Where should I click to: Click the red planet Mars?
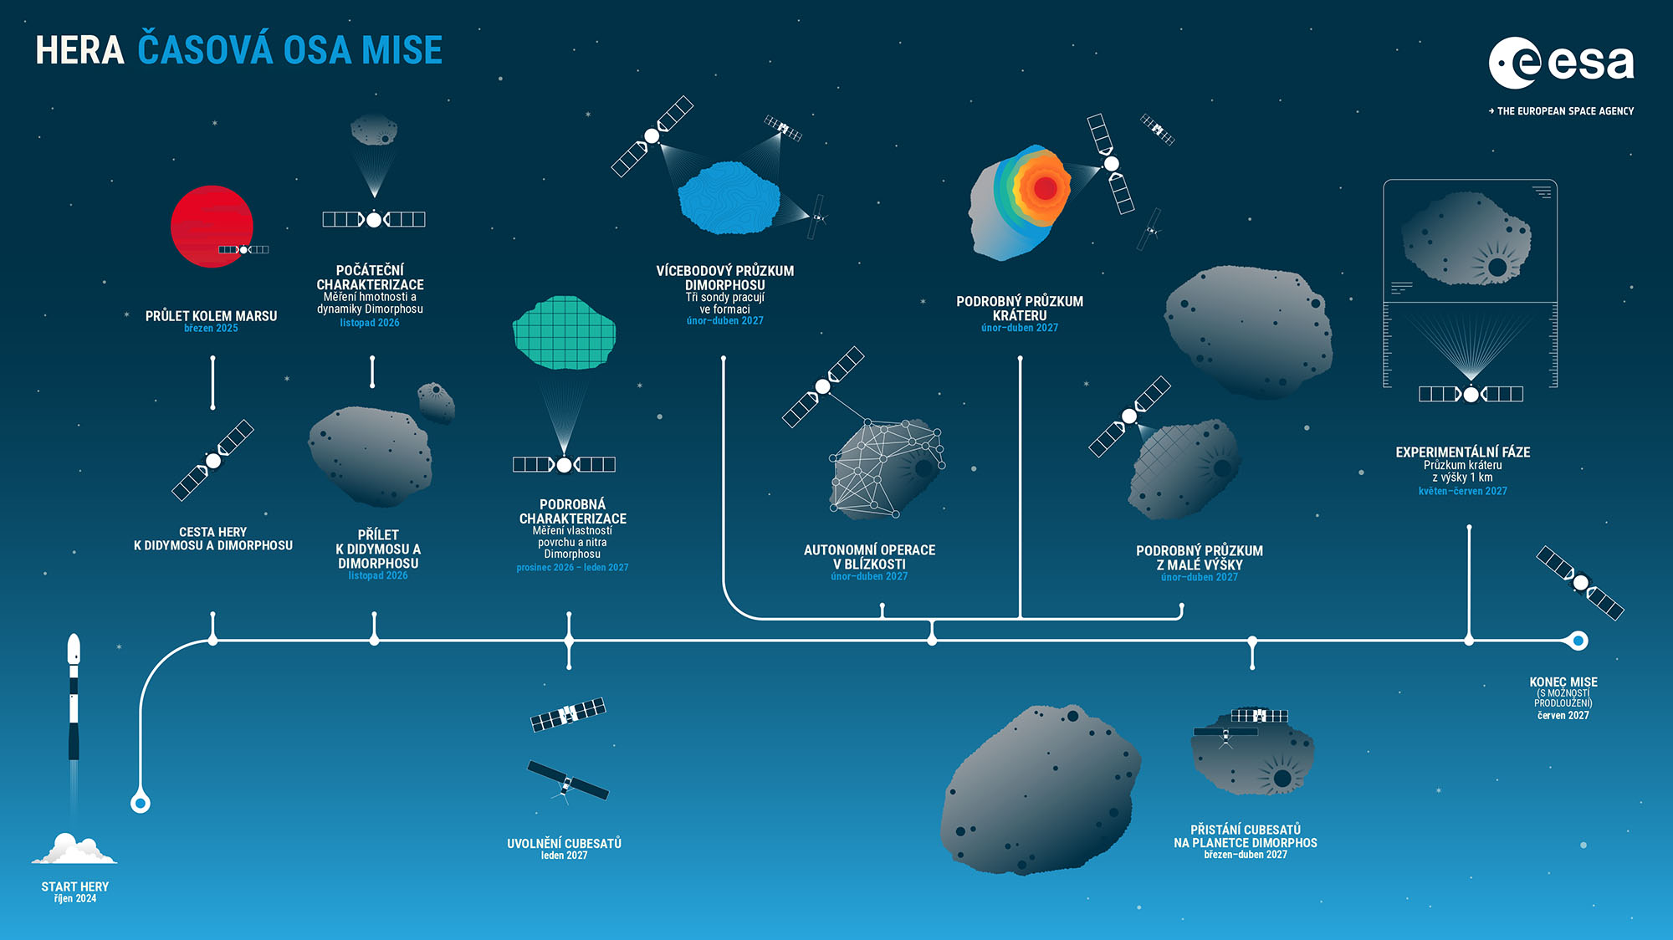[212, 227]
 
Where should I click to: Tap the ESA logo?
[1561, 63]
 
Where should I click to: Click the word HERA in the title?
[79, 50]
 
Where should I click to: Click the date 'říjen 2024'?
[75, 899]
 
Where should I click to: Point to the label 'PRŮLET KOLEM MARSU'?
[211, 316]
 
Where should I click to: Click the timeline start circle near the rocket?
[141, 804]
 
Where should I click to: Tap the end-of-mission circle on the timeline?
[1578, 641]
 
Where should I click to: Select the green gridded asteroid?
[564, 332]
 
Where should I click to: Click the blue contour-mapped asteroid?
[729, 198]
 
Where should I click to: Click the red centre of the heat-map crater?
[1045, 187]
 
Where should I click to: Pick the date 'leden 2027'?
[564, 856]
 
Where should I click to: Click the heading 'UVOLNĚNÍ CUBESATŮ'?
[564, 843]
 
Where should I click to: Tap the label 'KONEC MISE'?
[1563, 682]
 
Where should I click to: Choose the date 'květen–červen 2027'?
[1462, 491]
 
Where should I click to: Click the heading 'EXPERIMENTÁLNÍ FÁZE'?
[1462, 452]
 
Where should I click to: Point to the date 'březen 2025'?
[211, 329]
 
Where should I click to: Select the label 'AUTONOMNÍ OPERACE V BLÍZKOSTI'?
[869, 557]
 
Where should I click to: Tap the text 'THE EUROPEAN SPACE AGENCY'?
[1565, 110]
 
